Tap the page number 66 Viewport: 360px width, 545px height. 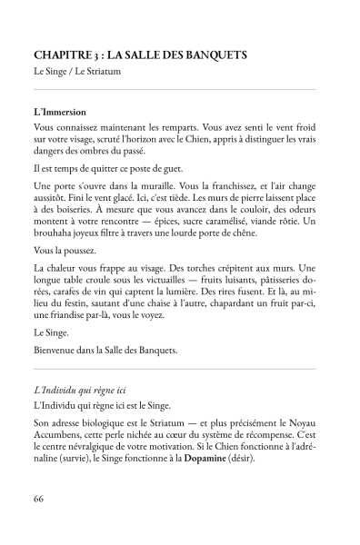pyautogui.click(x=38, y=499)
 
